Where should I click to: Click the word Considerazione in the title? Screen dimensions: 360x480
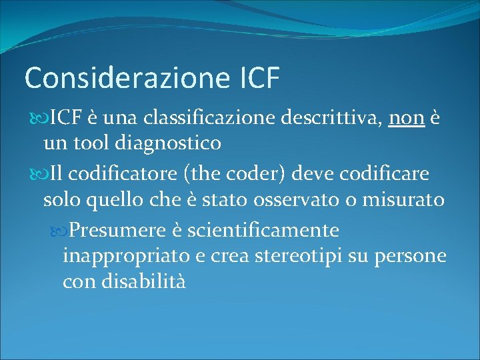127,78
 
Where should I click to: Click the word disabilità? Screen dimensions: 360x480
144,281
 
